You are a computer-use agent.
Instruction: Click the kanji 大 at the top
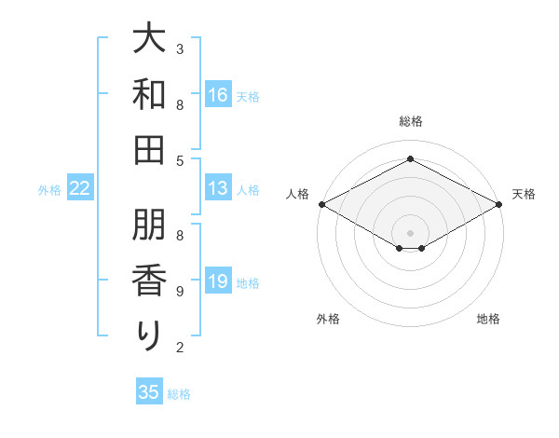pyautogui.click(x=149, y=41)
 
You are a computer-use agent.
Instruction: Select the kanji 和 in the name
pyautogui.click(x=149, y=94)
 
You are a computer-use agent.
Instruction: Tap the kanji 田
pyautogui.click(x=149, y=148)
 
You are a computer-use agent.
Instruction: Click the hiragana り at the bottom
pyautogui.click(x=149, y=335)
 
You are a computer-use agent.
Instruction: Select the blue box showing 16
pyautogui.click(x=218, y=95)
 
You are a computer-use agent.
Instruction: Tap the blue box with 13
pyautogui.click(x=218, y=188)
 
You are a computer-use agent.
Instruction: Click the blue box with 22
pyautogui.click(x=80, y=188)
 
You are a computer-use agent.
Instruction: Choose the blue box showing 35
pyautogui.click(x=149, y=392)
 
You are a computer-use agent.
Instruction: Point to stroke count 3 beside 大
pyautogui.click(x=180, y=48)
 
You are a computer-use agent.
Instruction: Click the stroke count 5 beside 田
pyautogui.click(x=180, y=160)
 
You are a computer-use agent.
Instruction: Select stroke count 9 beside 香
pyautogui.click(x=180, y=292)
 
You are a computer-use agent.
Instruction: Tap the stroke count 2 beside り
pyautogui.click(x=180, y=348)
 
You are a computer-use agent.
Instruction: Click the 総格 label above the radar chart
pyautogui.click(x=410, y=121)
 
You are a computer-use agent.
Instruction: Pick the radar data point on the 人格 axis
pyautogui.click(x=321, y=204)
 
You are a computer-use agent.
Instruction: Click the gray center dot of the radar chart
pyautogui.click(x=411, y=232)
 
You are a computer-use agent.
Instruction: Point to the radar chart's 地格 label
pyautogui.click(x=488, y=319)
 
